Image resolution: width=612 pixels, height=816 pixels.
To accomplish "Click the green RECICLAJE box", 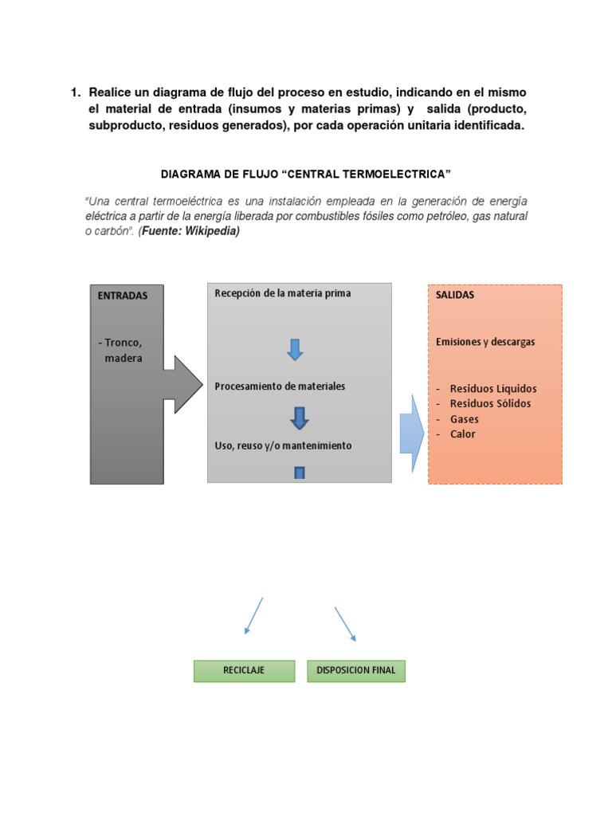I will coord(244,671).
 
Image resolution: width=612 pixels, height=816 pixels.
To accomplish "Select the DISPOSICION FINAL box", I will coord(356,671).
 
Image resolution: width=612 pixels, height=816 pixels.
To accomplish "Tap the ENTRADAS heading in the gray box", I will coord(123,296).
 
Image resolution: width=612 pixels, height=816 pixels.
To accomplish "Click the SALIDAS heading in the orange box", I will coord(455,295).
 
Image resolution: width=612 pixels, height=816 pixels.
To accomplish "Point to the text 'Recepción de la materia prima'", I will coord(283,293).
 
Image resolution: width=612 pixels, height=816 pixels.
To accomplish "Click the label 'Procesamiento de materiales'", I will coord(280,386).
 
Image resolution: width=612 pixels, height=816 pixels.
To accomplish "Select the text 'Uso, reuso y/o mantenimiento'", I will coord(283,445).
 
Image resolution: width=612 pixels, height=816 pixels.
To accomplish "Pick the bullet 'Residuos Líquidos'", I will coord(493,389).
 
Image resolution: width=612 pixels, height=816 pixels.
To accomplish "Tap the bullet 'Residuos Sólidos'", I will coord(490,404).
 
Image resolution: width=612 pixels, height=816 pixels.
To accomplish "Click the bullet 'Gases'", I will coord(465,419).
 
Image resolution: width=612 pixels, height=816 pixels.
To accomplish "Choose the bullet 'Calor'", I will coord(463,434).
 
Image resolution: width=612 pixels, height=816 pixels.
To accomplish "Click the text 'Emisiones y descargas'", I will coord(485,342).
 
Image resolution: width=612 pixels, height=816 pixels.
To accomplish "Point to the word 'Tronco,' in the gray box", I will coord(123,343).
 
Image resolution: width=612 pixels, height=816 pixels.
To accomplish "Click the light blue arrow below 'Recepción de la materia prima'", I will coord(295,349).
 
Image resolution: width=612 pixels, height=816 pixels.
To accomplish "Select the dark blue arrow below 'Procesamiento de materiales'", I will coord(300,418).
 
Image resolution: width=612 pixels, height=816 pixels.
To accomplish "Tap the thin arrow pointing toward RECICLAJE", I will coord(254,615).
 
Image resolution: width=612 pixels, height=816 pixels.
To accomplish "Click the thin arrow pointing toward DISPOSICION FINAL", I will coord(345,623).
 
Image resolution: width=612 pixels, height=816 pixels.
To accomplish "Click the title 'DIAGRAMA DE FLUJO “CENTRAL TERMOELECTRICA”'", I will coord(306,173).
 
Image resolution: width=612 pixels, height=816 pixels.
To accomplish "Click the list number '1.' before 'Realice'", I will coord(77,93).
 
